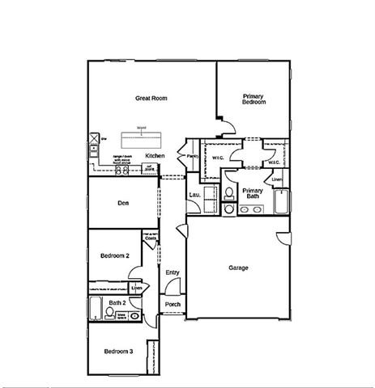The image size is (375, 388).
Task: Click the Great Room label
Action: tap(151, 98)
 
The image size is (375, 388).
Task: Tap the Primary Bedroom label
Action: tap(254, 99)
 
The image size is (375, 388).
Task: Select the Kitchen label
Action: tap(155, 155)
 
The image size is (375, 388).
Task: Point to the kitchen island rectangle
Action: tap(142, 135)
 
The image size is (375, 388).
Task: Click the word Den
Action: tap(125, 203)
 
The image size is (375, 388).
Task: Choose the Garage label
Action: tap(238, 268)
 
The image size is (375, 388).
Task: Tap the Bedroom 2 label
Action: tap(114, 255)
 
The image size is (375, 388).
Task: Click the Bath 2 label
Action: tap(117, 302)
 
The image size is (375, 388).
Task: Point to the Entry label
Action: tap(172, 272)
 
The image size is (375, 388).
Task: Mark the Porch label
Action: tap(172, 304)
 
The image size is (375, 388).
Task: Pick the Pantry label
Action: tap(193, 155)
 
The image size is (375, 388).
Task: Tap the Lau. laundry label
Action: tap(194, 195)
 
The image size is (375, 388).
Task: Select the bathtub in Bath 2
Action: tap(94, 310)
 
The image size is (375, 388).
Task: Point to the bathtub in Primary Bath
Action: tap(283, 200)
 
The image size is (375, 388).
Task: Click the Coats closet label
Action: tap(150, 238)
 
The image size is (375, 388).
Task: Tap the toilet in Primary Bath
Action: tap(229, 192)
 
